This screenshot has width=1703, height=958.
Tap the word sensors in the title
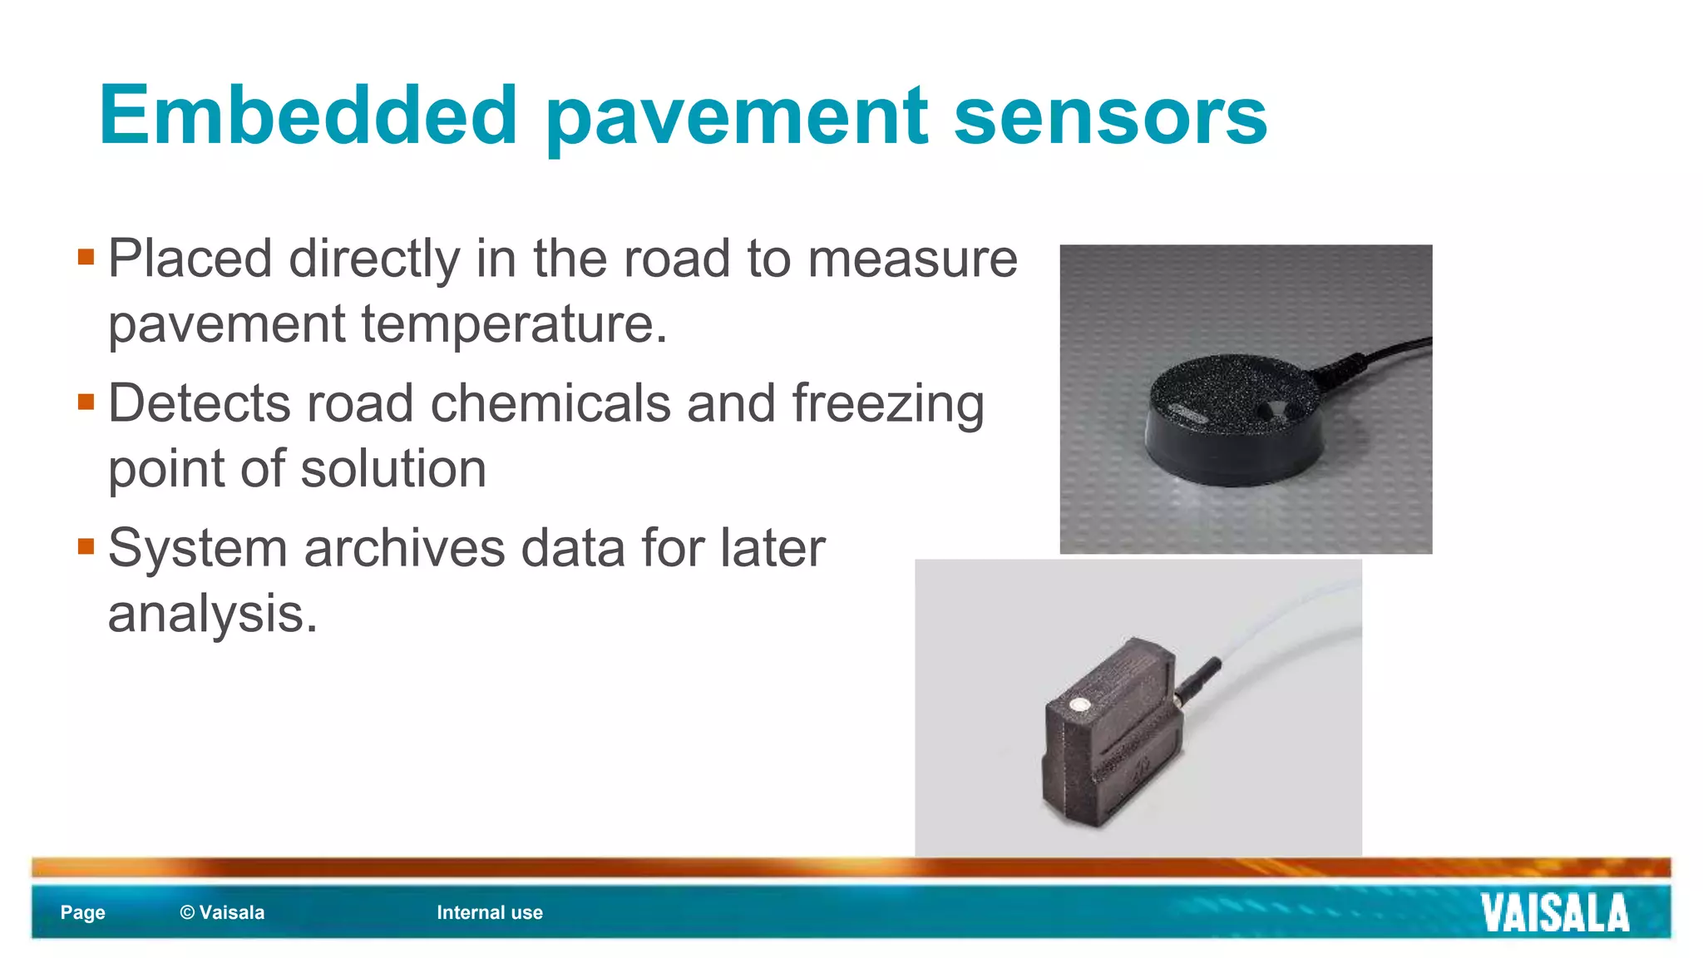click(1110, 116)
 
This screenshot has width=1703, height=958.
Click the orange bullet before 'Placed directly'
click(86, 256)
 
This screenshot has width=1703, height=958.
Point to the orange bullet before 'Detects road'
click(86, 402)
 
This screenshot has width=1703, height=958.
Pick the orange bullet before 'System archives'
click(86, 546)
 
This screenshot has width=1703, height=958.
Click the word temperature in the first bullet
click(514, 323)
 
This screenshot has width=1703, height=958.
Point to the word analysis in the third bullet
click(212, 614)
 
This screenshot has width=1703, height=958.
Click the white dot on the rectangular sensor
click(1079, 705)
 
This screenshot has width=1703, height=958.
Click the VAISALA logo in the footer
click(1554, 913)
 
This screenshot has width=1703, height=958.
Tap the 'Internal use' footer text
click(490, 912)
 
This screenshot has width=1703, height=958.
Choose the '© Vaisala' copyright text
click(222, 912)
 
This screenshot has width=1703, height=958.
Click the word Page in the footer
click(82, 912)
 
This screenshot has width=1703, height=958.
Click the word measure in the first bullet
click(912, 259)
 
